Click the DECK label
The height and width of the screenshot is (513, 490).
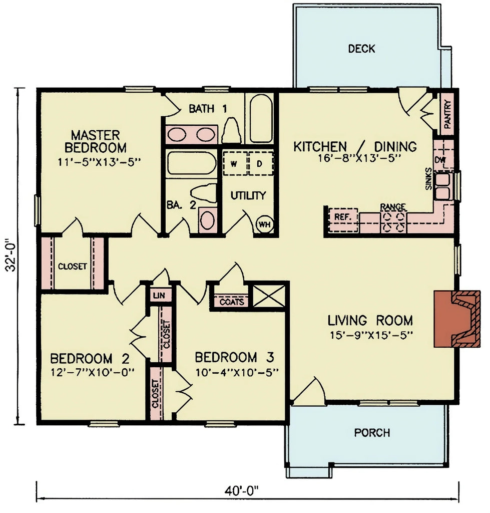click(x=361, y=49)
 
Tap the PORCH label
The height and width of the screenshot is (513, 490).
click(x=372, y=432)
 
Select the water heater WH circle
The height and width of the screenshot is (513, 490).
click(x=264, y=224)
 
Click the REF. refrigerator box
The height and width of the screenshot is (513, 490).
click(x=343, y=217)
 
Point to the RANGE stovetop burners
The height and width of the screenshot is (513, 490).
click(x=393, y=221)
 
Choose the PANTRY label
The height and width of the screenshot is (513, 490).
click(x=447, y=115)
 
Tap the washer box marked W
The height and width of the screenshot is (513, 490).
click(x=234, y=163)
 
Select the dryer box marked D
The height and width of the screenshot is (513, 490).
click(x=260, y=163)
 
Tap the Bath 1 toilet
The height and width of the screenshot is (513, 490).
click(x=232, y=131)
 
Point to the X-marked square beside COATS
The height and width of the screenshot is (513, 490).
click(x=268, y=296)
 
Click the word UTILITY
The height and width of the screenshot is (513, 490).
click(x=248, y=196)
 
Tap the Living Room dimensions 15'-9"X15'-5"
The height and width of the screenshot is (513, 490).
click(x=370, y=334)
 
